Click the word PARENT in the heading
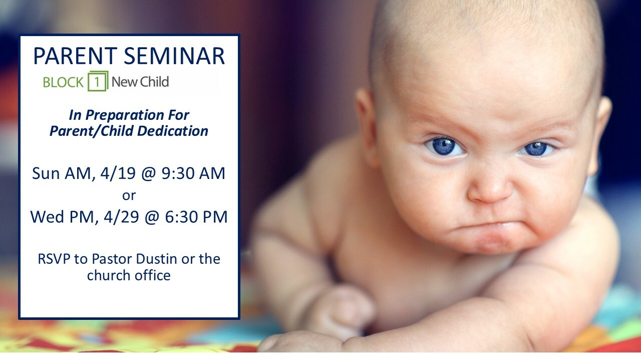75,56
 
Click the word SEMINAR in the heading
174,56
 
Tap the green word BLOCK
63,83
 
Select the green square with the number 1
98,81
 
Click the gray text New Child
140,82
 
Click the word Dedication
173,131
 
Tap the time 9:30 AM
193,173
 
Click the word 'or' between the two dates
129,196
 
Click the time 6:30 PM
196,217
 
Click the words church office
129,276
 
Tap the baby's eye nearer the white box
444,147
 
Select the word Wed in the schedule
48,217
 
